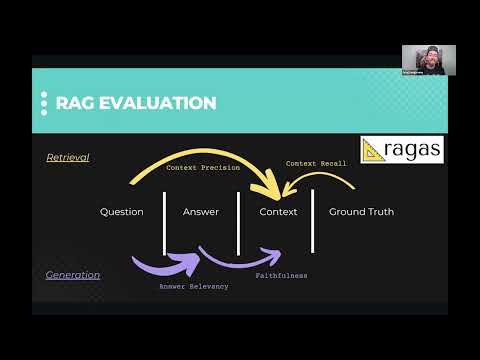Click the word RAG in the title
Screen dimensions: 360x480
pos(75,103)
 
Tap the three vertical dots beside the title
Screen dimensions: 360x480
pos(44,103)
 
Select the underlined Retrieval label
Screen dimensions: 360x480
pos(68,157)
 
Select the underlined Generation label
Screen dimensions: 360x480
pos(71,274)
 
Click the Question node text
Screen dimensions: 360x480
pos(122,212)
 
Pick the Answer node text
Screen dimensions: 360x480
pos(201,212)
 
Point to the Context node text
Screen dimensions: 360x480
pos(278,212)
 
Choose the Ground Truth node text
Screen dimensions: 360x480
pos(361,212)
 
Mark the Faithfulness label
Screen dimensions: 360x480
pos(281,275)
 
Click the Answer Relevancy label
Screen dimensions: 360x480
pos(194,287)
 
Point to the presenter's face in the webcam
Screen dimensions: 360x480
pos(428,56)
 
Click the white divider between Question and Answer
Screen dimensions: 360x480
pos(164,222)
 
